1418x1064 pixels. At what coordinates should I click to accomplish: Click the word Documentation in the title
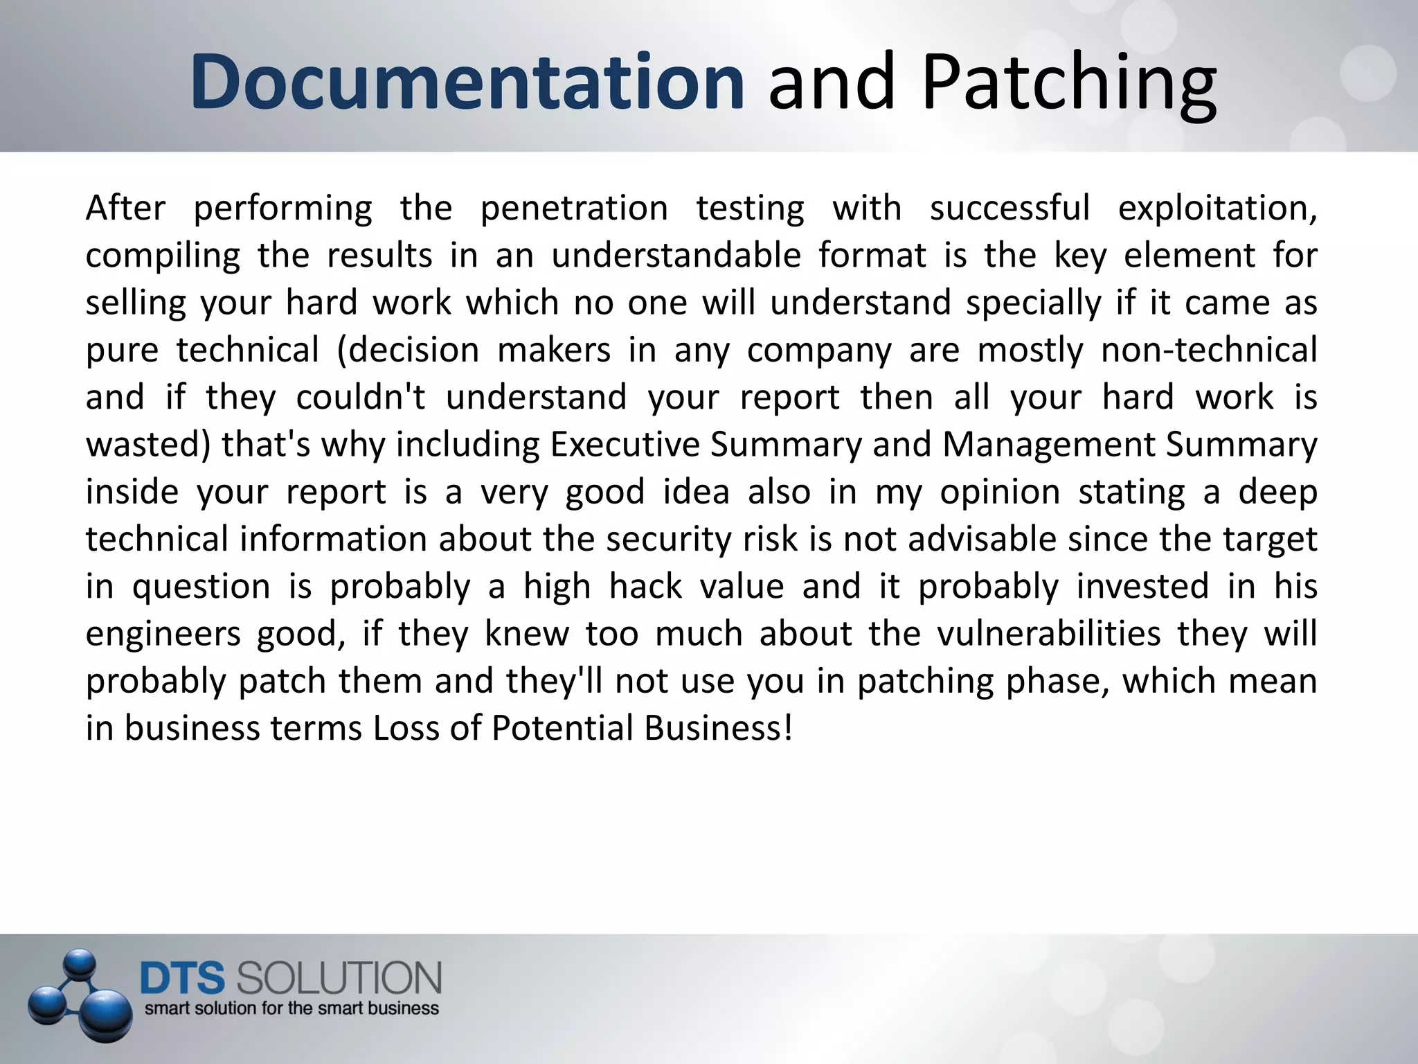click(467, 82)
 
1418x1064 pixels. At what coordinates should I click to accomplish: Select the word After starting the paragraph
click(125, 208)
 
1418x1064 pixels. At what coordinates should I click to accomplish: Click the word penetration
click(574, 208)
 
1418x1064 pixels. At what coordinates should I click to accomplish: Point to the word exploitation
click(1217, 208)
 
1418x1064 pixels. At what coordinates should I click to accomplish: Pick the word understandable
click(676, 255)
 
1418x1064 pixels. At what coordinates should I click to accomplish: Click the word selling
click(136, 303)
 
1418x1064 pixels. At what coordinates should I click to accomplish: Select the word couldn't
click(361, 397)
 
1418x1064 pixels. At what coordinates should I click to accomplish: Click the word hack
click(645, 586)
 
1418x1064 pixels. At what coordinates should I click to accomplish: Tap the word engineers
click(163, 634)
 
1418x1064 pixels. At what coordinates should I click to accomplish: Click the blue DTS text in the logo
click(183, 979)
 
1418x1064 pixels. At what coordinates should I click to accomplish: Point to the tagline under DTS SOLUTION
click(291, 1009)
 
